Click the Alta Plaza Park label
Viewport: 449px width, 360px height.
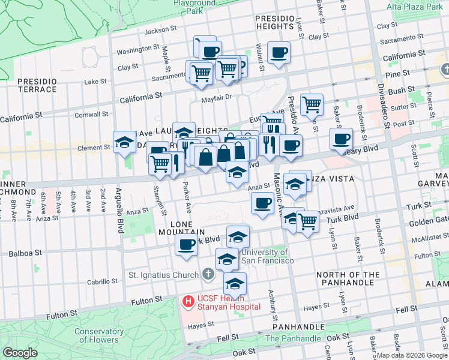[414, 7]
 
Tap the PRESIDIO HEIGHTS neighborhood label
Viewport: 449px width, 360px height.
[276, 22]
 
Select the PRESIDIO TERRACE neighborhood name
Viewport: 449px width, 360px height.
[37, 85]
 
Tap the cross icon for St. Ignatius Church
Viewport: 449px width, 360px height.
[208, 275]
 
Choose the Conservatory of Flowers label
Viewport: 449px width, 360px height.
[98, 336]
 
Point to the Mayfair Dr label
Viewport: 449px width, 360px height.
[216, 98]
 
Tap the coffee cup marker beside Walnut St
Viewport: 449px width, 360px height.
[279, 52]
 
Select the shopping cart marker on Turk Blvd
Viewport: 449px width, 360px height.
[308, 220]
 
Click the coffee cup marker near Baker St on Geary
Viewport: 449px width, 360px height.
[341, 139]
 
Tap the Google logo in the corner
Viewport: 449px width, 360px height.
[20, 352]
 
